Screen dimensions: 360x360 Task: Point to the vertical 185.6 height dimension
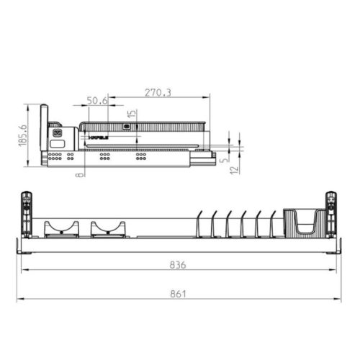coord(23,135)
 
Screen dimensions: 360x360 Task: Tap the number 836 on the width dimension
coord(179,265)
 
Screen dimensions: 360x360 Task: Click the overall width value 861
coord(179,293)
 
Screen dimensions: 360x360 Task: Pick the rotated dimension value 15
coord(132,115)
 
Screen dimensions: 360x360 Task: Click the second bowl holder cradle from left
coord(107,229)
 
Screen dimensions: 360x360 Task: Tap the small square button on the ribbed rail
coord(127,126)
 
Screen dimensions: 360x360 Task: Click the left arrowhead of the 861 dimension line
coord(20,299)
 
